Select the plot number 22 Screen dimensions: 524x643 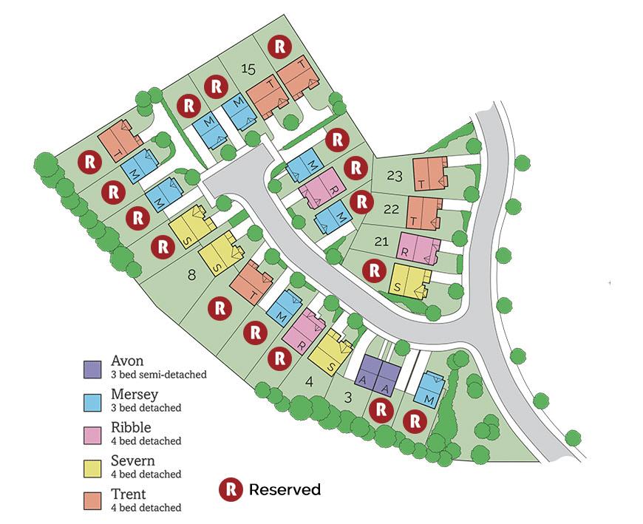click(392, 209)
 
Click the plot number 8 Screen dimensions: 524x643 click(192, 275)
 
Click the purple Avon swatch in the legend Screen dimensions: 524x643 click(92, 367)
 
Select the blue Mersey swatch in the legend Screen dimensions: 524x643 click(92, 401)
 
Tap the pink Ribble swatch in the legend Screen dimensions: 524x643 click(92, 433)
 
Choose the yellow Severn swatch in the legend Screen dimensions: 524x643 click(92, 466)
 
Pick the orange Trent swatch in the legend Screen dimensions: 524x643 click(92, 500)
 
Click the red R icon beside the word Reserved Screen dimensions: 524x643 click(231, 489)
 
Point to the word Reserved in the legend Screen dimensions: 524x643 click(285, 489)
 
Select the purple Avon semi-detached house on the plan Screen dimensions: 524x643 click(378, 373)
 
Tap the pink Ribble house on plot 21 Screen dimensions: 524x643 click(418, 248)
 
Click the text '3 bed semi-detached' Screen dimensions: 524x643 click(158, 375)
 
